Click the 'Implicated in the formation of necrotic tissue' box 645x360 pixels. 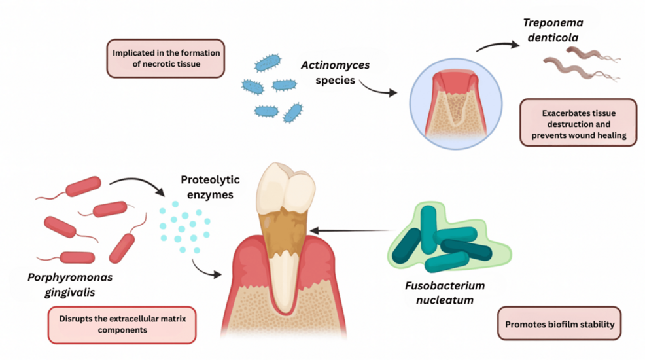[166, 58]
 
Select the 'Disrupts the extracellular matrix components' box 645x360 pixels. [122, 325]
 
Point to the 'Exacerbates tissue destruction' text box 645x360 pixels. [578, 122]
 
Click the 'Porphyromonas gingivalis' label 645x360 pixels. [70, 284]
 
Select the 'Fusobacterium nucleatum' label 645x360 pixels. [443, 293]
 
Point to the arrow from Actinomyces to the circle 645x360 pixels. [377, 88]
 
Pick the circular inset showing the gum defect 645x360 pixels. [456, 106]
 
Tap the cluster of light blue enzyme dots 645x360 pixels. [185, 226]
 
